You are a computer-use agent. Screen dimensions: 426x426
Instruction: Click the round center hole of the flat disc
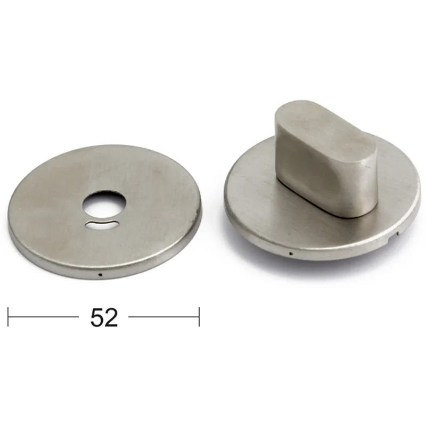[x=104, y=204]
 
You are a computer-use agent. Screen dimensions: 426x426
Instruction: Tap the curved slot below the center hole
[x=102, y=224]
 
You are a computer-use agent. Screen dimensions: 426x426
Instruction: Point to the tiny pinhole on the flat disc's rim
[x=100, y=275]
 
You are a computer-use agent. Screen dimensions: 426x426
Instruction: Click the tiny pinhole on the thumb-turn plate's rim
[x=291, y=254]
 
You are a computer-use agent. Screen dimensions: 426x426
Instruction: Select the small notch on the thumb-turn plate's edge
[x=397, y=233]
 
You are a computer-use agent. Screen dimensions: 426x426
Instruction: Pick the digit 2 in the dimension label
[x=111, y=317]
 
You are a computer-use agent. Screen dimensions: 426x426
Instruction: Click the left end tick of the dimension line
[x=8, y=317]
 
